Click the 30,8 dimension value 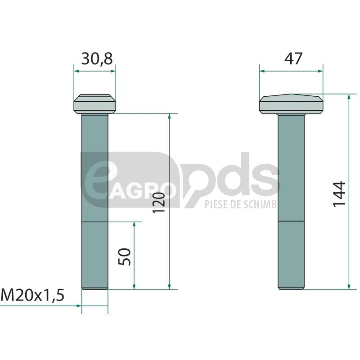pyautogui.click(x=97, y=59)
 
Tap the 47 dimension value pyautogui.click(x=293, y=59)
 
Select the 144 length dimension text pyautogui.click(x=339, y=194)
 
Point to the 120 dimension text pyautogui.click(x=159, y=203)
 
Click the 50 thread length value pyautogui.click(x=124, y=256)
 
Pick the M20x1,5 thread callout pyautogui.click(x=32, y=295)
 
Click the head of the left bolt pyautogui.click(x=95, y=104)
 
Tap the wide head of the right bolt pyautogui.click(x=291, y=104)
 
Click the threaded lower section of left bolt pyautogui.click(x=95, y=256)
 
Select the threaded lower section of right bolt pyautogui.click(x=291, y=255)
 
